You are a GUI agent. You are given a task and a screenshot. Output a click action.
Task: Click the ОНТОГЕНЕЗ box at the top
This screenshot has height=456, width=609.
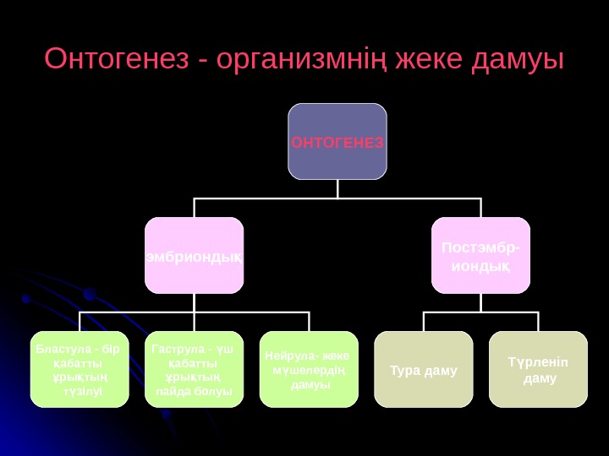337,142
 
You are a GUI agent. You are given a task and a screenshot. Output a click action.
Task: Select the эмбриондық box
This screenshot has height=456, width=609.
194,255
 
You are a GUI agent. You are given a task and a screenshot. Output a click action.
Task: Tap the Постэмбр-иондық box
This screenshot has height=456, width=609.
480,255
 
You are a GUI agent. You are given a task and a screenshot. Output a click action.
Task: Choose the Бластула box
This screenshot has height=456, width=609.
80,369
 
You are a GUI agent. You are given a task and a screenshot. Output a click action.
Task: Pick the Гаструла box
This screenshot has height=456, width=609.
194,369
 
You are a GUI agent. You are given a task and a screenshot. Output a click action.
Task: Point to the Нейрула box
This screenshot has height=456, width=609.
309,369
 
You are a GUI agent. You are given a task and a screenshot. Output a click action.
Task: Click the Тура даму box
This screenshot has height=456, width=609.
424,369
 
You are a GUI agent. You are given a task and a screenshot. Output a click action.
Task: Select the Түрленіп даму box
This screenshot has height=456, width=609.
538,369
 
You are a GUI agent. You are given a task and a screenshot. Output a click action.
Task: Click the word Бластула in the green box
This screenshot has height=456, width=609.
63,349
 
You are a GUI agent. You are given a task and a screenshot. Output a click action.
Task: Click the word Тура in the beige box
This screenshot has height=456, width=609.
405,370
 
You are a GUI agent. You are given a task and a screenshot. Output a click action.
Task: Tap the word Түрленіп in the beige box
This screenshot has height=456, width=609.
538,362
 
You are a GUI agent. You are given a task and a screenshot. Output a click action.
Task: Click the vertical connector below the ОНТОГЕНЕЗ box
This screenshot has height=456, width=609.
337,189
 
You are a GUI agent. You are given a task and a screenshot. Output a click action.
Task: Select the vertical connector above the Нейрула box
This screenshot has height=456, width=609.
309,322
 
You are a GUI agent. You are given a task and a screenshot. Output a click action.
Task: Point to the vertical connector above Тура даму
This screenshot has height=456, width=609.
424,322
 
